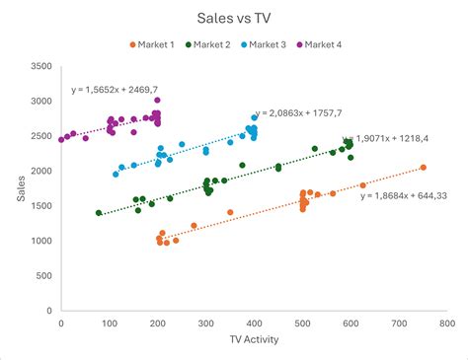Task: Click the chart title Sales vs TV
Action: point(233,19)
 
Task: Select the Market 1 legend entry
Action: point(155,44)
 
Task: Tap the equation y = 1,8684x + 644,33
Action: point(403,195)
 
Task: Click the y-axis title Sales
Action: point(20,188)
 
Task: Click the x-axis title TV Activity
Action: point(254,340)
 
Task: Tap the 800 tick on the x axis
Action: point(446,322)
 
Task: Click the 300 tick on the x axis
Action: point(205,322)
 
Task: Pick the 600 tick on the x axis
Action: point(350,322)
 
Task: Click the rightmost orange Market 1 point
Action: point(423,168)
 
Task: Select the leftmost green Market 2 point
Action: point(99,212)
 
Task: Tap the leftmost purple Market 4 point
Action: point(61,139)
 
